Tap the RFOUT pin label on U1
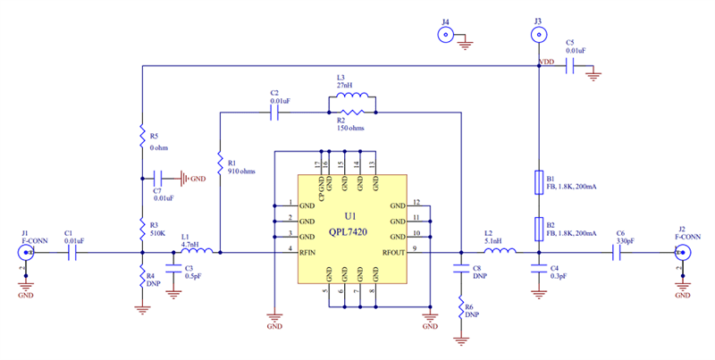(393, 253)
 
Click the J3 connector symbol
(538, 35)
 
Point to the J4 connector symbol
(444, 35)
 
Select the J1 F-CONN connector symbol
(26, 254)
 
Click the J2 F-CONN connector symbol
(683, 254)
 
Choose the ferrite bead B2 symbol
(538, 228)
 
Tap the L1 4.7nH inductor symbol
(196, 253)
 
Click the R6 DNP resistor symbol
(461, 312)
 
